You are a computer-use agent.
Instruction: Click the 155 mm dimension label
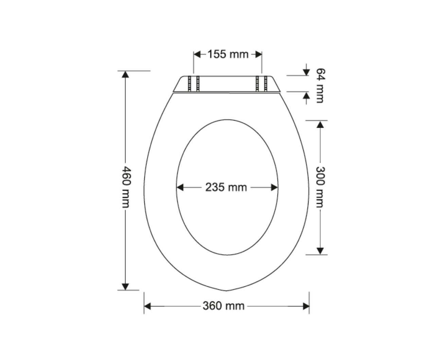tap(228, 54)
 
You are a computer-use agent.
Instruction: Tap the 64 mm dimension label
tap(320, 85)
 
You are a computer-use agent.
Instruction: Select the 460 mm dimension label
tap(126, 187)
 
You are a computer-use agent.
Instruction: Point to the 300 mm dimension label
tap(320, 187)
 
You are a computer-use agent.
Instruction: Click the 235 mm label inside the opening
tap(226, 187)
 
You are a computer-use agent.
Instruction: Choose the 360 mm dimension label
tap(224, 306)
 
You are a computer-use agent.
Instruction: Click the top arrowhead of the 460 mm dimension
tap(125, 74)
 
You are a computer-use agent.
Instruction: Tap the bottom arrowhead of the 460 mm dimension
tap(125, 287)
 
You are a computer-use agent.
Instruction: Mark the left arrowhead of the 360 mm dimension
tap(147, 306)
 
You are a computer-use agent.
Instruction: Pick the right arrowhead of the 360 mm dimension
tap(306, 306)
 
